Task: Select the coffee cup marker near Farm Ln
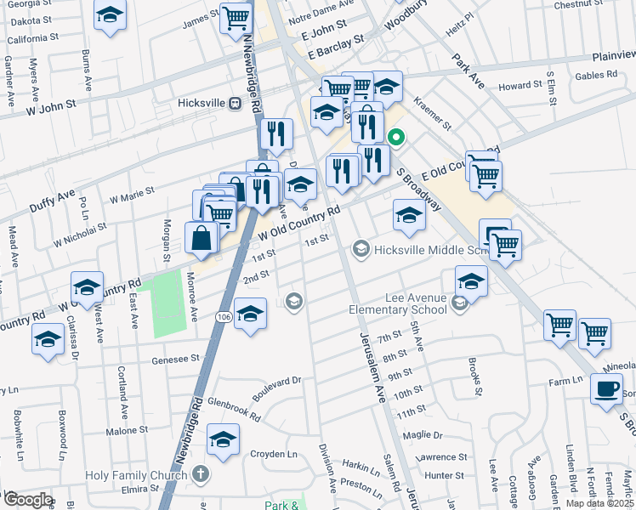[x=606, y=389]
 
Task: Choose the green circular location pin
[x=396, y=137]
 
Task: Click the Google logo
[x=27, y=500]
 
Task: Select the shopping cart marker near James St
[x=236, y=19]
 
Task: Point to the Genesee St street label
[x=175, y=360]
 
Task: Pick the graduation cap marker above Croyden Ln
[x=224, y=439]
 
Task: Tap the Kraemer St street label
[x=433, y=114]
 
